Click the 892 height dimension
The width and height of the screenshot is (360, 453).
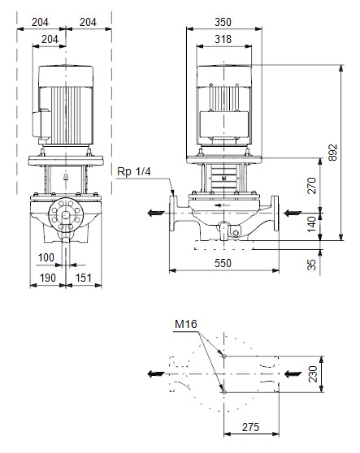pos(333,153)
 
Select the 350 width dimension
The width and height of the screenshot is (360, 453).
pos(223,22)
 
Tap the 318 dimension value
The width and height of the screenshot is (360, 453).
pos(223,39)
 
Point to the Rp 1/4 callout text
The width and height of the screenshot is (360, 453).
pos(134,171)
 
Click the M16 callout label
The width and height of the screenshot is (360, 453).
pos(186,324)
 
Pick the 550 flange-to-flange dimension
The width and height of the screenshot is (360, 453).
pos(223,263)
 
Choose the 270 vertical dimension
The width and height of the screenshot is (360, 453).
pos(311,186)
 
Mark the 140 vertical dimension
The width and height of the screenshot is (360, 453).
pos(311,224)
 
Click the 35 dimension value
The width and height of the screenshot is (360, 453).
pos(311,265)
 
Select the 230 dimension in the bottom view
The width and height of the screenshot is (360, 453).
pos(313,374)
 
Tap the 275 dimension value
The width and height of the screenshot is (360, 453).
pos(250,427)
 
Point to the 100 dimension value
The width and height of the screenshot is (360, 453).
pos(46,257)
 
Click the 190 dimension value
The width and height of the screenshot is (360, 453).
pos(47,278)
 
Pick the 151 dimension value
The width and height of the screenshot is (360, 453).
pos(83,278)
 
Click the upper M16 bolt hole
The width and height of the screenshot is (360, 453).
pos(223,356)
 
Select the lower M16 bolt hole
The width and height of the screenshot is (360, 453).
pos(223,392)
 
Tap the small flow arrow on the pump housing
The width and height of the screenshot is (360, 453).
pos(223,205)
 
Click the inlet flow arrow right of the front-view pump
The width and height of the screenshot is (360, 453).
pos(293,214)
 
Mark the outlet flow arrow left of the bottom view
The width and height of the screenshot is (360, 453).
pos(156,373)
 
